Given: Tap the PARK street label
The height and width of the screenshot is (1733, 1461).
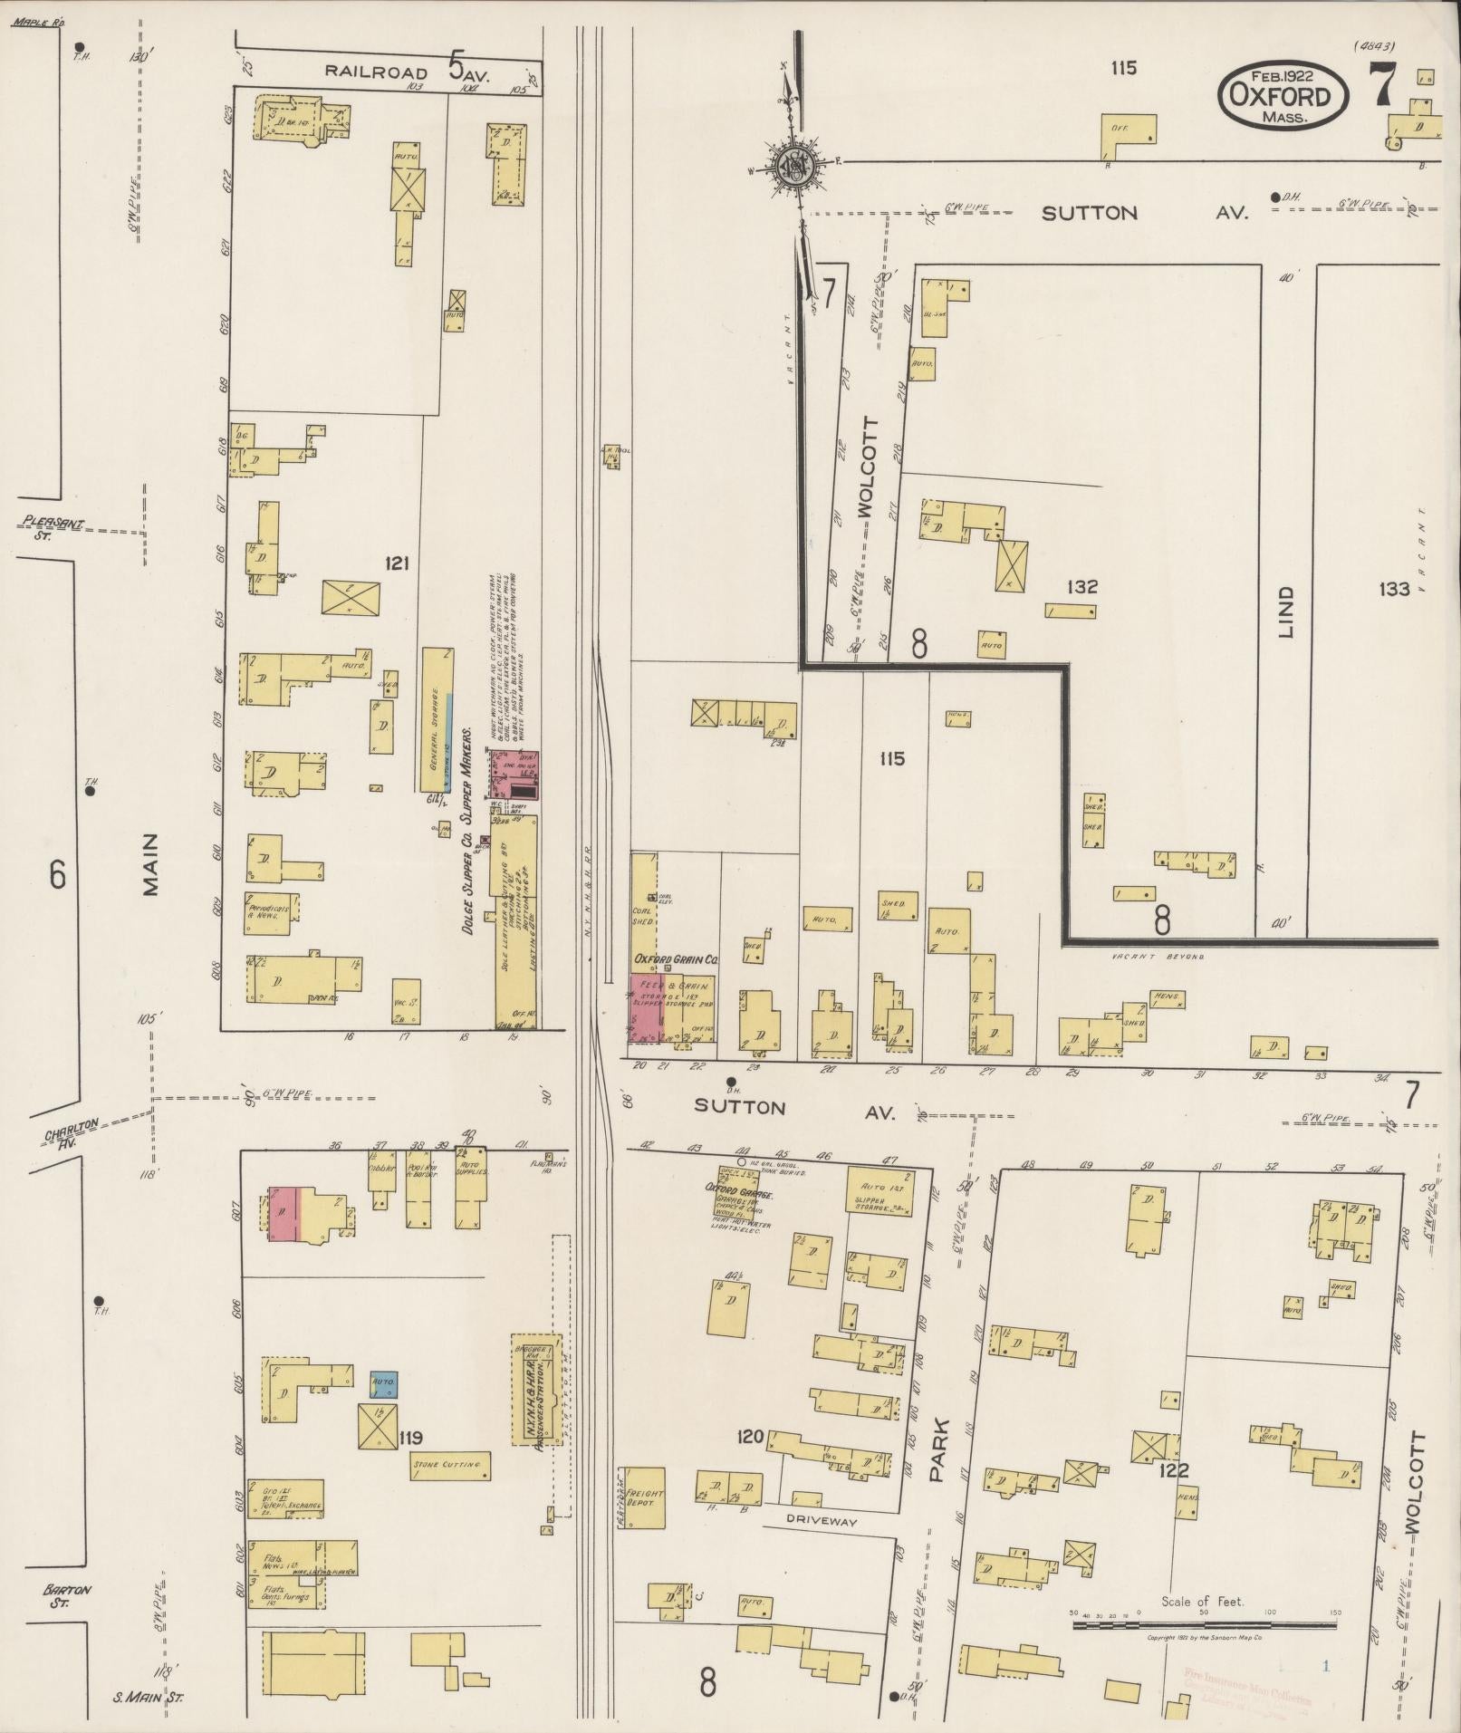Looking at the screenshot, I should pos(937,1462).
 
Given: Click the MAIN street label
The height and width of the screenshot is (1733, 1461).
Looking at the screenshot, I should pos(149,863).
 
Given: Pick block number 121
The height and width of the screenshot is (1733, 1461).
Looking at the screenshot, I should pos(396,563).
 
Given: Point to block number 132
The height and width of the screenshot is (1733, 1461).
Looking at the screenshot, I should pos(1082,586).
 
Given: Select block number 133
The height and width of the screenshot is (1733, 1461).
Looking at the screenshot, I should pos(1394,590).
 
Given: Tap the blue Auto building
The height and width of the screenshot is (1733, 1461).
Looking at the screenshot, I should pos(384,1409).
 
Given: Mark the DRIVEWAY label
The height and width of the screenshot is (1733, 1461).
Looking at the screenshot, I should pos(821,1521).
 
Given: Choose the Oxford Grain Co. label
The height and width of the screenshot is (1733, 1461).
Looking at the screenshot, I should pos(675,958).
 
